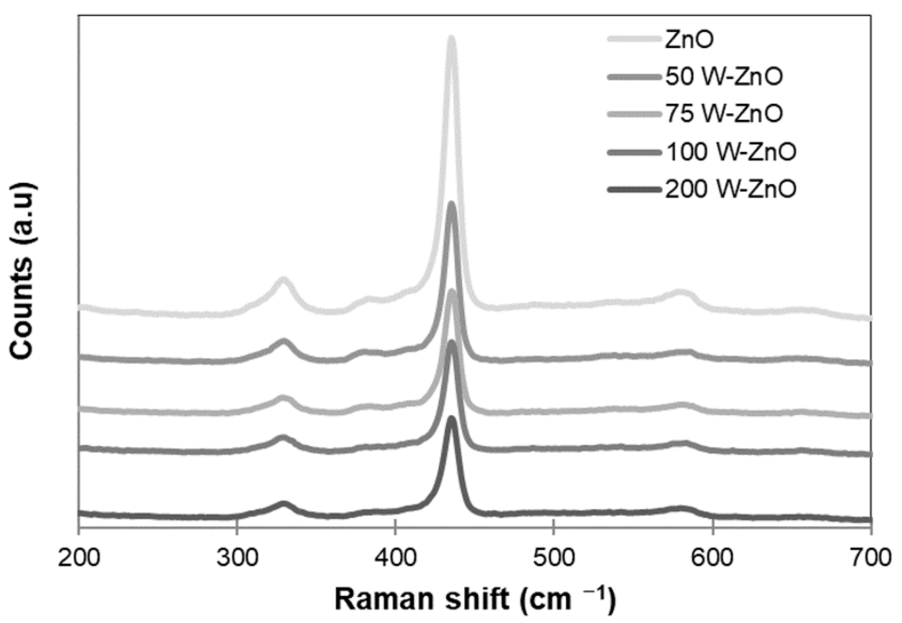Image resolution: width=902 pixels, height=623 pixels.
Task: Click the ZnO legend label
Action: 689,39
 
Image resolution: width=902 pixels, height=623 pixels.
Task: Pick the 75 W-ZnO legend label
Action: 723,114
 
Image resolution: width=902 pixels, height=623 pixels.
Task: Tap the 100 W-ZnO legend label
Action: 731,152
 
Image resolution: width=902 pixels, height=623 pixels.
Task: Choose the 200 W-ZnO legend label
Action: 731,189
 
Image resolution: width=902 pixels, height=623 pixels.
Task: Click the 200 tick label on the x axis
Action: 78,558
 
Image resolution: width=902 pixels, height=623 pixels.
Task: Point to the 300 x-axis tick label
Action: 237,558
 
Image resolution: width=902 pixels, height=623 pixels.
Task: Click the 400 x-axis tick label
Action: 396,558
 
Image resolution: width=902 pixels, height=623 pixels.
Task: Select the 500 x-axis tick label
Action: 554,558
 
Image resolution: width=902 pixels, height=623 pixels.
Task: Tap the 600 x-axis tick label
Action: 713,558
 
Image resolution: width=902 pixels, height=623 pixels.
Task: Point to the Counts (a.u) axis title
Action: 22,271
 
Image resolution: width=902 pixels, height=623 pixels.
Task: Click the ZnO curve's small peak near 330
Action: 283,280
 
